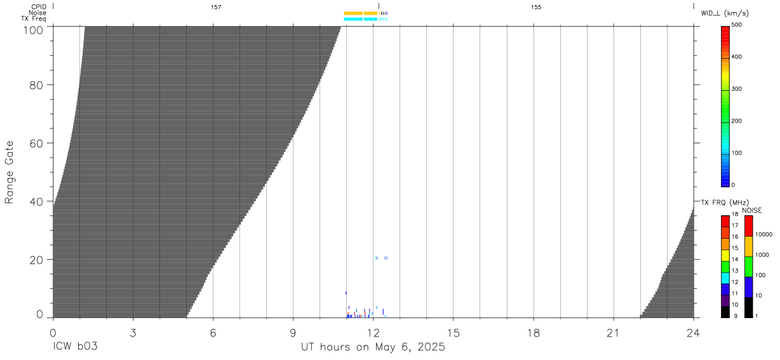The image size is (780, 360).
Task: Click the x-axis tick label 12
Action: [373, 333]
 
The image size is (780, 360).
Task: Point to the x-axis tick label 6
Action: [213, 333]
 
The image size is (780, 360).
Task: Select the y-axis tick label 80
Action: [36, 85]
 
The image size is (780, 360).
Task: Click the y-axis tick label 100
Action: [33, 30]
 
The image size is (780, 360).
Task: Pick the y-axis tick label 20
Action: [36, 260]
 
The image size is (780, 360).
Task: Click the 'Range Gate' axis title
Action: [9, 172]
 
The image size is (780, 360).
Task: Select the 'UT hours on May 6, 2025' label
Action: [373, 347]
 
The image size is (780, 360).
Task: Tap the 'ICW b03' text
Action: [75, 347]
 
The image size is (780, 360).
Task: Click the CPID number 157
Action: [216, 7]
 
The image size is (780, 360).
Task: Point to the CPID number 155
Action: [536, 7]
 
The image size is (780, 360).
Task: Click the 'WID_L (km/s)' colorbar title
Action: [725, 13]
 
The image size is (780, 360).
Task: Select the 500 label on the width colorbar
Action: [737, 25]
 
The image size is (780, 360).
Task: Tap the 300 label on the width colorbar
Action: [737, 89]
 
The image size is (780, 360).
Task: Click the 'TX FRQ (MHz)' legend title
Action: [725, 203]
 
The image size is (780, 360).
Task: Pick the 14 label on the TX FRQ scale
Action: [735, 260]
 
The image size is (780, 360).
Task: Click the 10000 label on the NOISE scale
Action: [763, 235]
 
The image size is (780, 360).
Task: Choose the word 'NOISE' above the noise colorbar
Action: [752, 210]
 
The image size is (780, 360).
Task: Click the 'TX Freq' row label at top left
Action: [34, 18]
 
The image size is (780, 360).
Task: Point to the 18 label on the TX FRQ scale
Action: [735, 214]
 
